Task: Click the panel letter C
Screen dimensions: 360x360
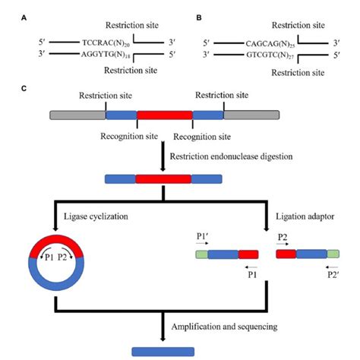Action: coord(25,89)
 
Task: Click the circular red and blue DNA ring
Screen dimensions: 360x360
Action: coord(55,254)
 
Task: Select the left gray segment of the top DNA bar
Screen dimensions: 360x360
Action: coord(77,115)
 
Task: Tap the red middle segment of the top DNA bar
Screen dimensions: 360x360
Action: coord(164,115)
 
